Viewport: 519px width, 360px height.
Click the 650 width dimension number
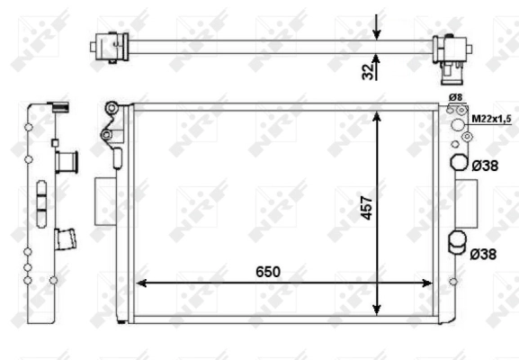point(267,271)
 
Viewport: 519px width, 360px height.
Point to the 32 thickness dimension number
point(367,70)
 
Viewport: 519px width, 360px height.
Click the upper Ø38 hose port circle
point(458,164)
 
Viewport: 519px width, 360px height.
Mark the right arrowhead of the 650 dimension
point(430,283)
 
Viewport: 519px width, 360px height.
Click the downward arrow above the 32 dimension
point(377,31)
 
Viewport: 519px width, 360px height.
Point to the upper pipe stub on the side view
point(67,162)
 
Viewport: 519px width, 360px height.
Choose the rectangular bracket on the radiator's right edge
point(466,204)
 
